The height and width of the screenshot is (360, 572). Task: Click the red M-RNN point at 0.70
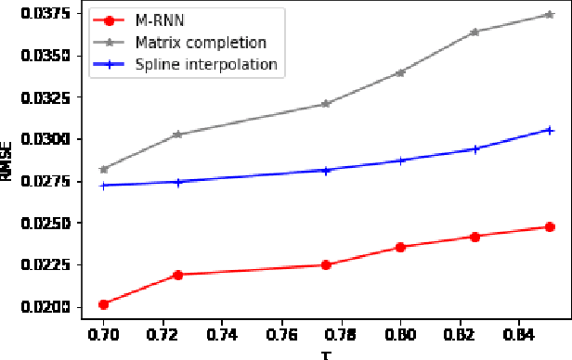coord(103,304)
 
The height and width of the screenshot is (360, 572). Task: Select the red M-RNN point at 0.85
coord(550,226)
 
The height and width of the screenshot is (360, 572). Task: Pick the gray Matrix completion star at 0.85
coord(550,15)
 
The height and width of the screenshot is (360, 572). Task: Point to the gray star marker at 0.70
coord(103,169)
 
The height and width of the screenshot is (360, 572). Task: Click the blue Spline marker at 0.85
coord(550,130)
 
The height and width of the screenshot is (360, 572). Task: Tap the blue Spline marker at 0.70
coord(103,186)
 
